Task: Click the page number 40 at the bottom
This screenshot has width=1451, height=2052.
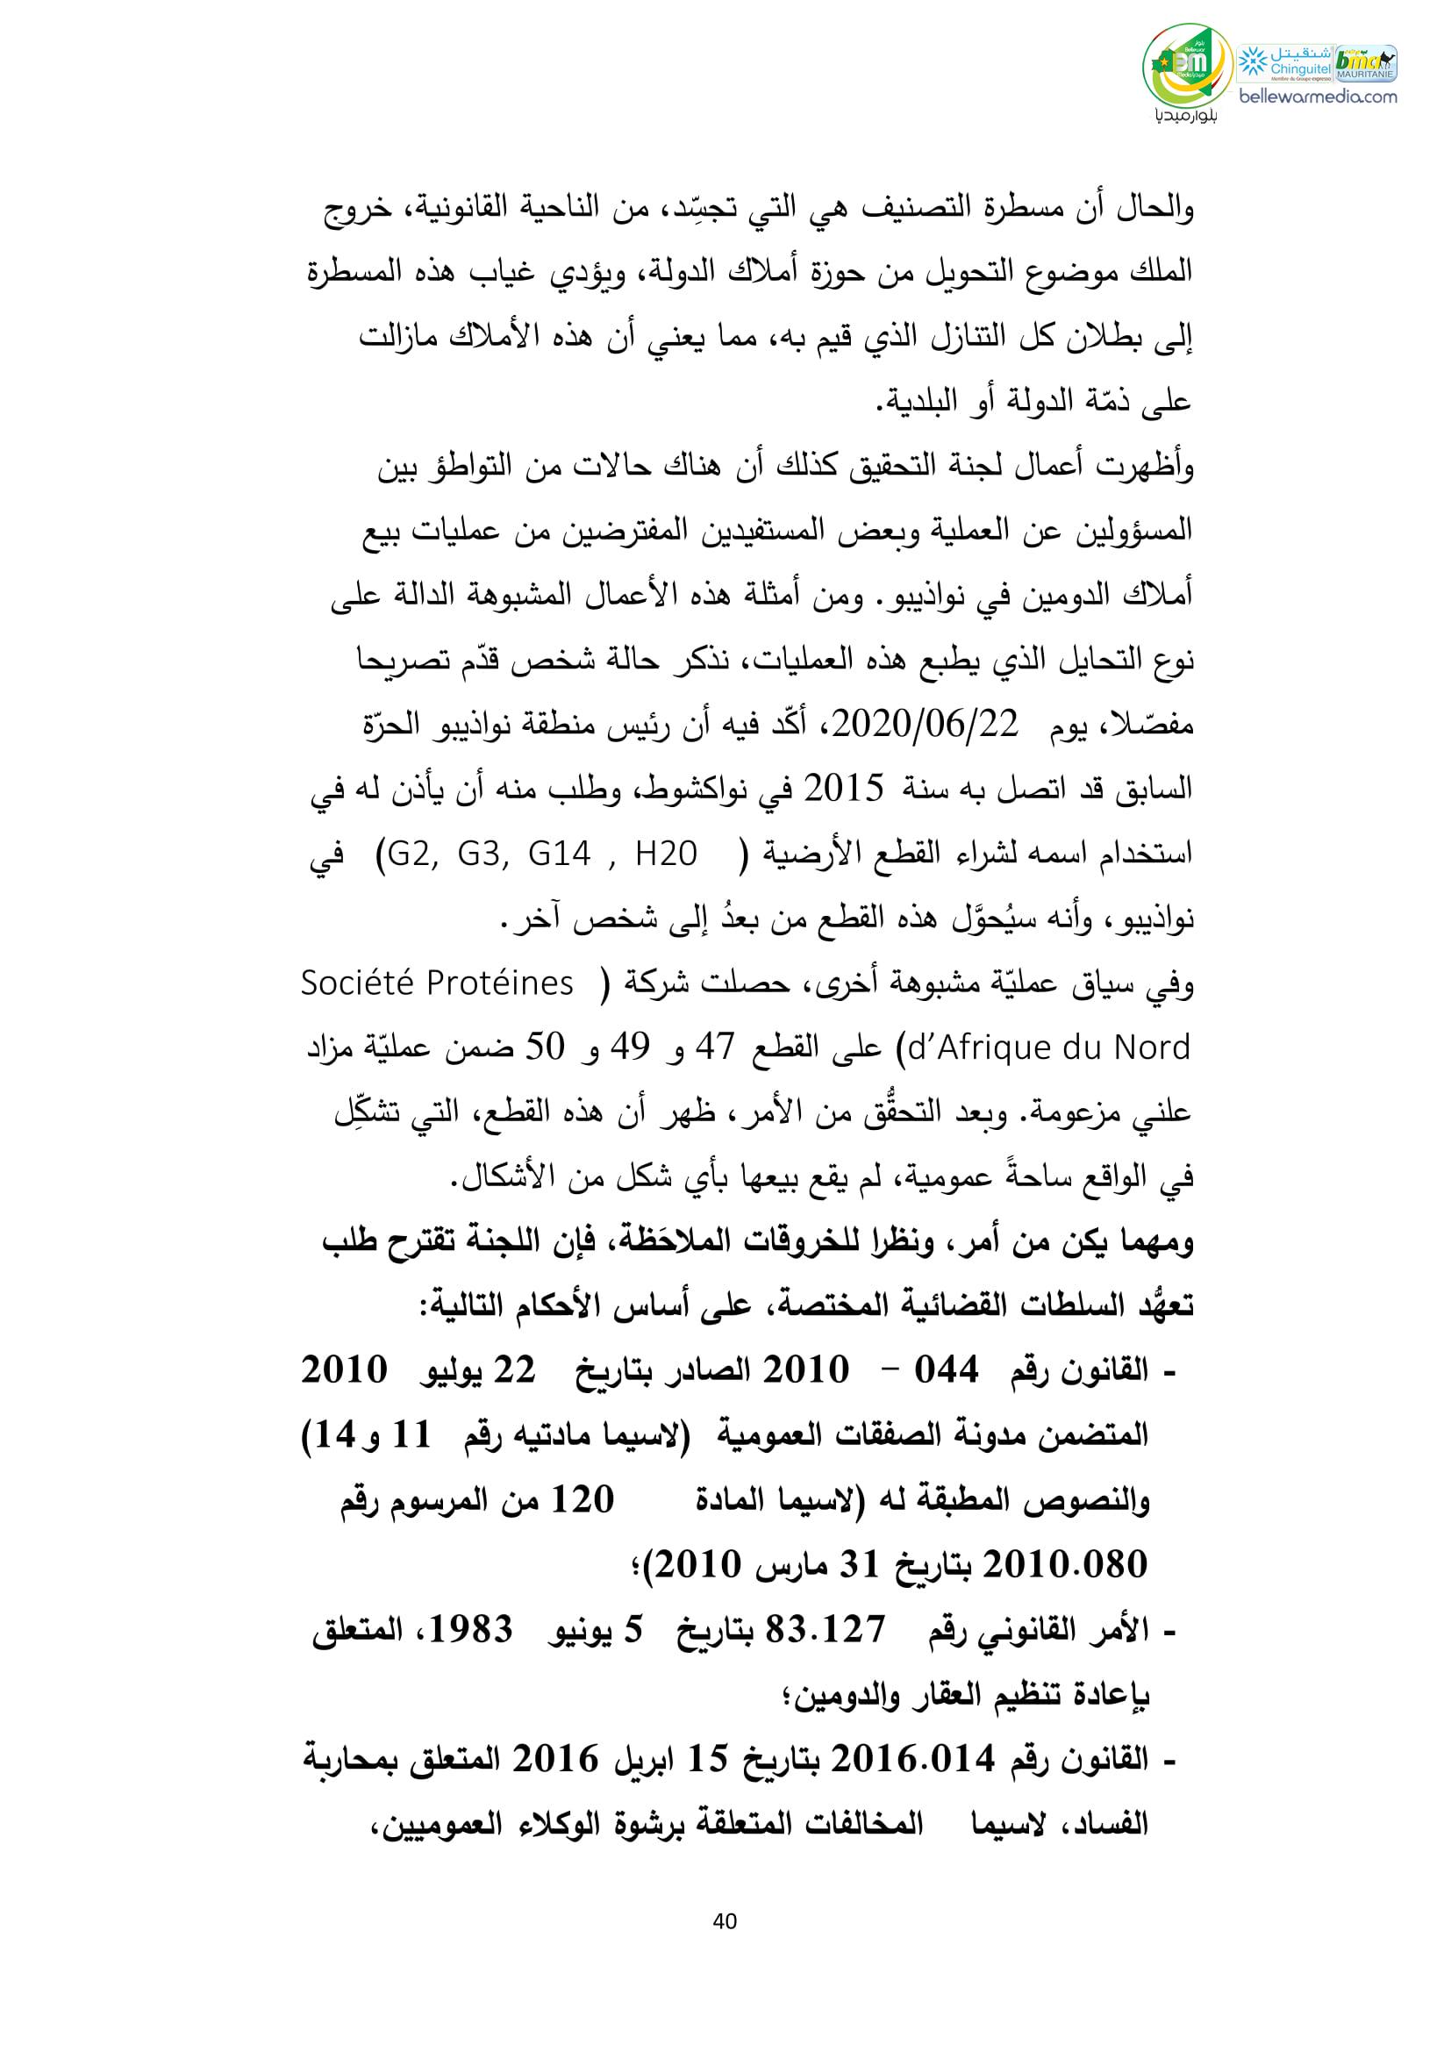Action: [x=725, y=1920]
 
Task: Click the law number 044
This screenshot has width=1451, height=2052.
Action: [x=947, y=1370]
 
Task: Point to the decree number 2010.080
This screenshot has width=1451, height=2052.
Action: [x=1066, y=1567]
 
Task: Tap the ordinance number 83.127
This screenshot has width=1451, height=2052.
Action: [x=831, y=1631]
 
